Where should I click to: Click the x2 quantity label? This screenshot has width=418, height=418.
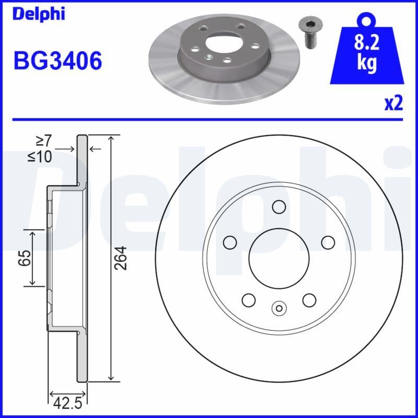click(393, 104)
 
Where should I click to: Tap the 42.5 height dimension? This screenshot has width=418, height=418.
click(67, 403)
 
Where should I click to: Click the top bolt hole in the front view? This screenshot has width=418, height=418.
click(279, 207)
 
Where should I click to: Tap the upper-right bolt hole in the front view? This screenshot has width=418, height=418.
click(328, 242)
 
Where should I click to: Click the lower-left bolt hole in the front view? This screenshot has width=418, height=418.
click(249, 299)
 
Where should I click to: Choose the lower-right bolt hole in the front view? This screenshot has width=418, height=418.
click(309, 299)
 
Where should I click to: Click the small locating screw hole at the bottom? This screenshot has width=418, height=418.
click(279, 308)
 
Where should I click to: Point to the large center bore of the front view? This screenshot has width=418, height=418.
click(279, 258)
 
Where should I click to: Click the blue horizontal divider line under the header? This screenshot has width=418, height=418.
click(209, 120)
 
